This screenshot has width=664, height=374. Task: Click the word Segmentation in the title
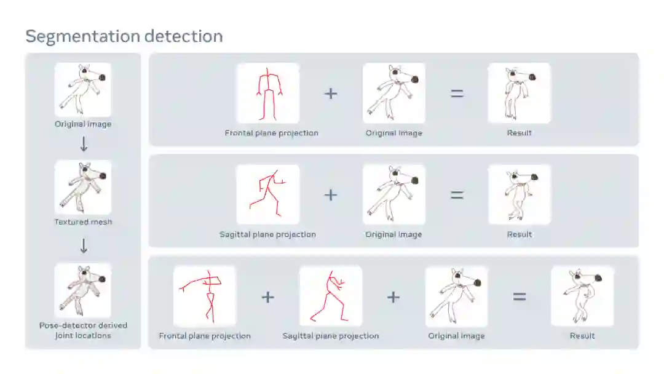[x=82, y=37]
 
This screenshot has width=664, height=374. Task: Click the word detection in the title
[x=184, y=36]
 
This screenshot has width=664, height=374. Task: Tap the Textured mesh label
[x=83, y=221]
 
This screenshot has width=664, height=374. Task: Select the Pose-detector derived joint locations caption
[x=83, y=330]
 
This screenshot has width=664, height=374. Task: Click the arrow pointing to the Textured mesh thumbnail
[x=84, y=144]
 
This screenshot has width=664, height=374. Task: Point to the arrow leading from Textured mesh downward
[x=84, y=245]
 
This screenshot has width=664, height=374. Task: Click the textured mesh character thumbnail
[x=83, y=187]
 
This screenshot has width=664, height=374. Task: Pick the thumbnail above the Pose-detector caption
[x=83, y=290]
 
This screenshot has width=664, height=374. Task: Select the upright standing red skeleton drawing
[x=268, y=93]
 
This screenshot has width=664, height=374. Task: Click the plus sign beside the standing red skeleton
[x=331, y=93]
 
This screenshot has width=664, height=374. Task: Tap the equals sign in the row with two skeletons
[x=520, y=297]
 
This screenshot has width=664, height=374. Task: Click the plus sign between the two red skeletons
[x=267, y=297]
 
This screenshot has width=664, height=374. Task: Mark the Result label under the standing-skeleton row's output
[x=519, y=133]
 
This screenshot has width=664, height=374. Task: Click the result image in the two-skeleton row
[x=582, y=296]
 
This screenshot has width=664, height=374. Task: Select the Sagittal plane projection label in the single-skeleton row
[x=267, y=234]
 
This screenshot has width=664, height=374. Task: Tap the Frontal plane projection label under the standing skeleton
[x=272, y=133]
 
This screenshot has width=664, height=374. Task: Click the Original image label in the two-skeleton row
[x=456, y=336]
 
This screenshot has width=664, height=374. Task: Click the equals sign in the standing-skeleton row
[x=457, y=93]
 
